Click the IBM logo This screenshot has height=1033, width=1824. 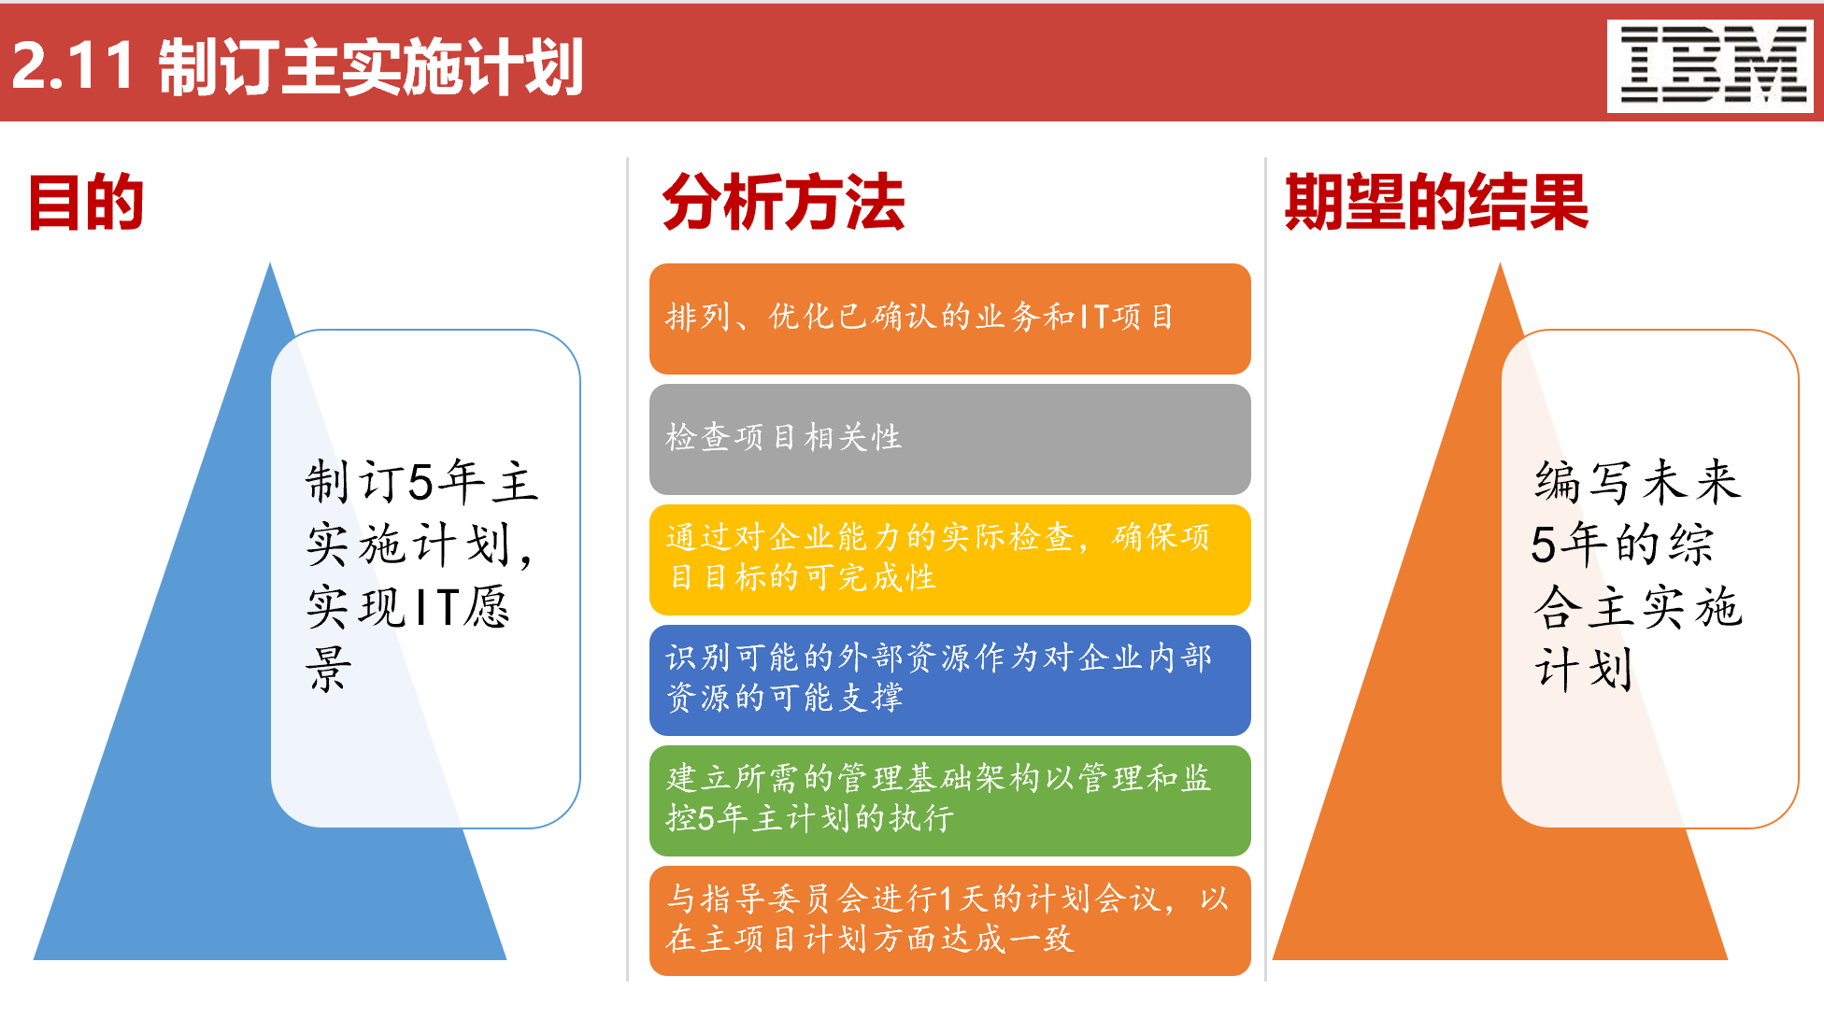click(x=1710, y=66)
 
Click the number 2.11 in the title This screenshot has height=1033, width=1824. click(x=73, y=66)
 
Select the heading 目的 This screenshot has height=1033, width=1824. click(x=86, y=202)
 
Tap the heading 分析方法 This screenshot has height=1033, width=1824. click(x=783, y=202)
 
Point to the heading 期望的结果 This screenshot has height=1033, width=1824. click(x=1436, y=202)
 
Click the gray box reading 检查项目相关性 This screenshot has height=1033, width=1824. click(x=949, y=439)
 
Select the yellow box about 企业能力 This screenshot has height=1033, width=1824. click(x=949, y=559)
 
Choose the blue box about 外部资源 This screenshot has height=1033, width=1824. click(x=949, y=679)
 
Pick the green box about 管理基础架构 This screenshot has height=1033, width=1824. click(x=949, y=800)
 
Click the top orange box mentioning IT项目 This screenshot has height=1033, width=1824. click(x=949, y=318)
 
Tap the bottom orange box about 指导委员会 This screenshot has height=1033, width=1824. click(x=949, y=920)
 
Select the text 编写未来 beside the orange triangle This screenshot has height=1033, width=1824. click(x=1637, y=482)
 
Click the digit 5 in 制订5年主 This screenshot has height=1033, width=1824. click(x=420, y=483)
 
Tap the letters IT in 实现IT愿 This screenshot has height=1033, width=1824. click(x=435, y=608)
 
